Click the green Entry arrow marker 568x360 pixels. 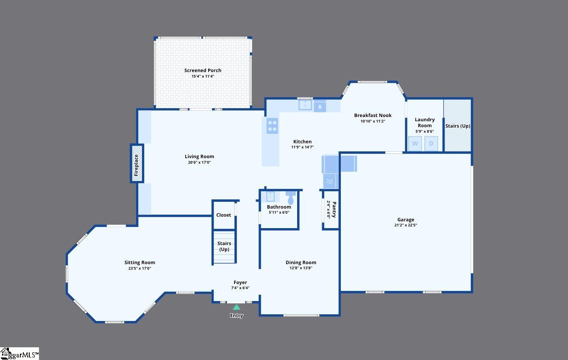coord(237,307)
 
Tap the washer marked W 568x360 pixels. coord(415,144)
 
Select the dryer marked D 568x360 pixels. coord(431,144)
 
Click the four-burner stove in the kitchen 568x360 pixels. coord(272,126)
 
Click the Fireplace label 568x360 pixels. coord(136,165)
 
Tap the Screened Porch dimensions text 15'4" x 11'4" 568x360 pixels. coord(203,76)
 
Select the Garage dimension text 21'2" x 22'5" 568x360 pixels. coord(406,225)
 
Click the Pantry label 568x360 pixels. coord(334,209)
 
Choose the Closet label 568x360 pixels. coord(224,215)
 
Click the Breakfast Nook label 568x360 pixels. coord(373,115)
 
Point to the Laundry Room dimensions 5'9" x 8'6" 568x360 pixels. coord(425,131)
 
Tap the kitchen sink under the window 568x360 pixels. coord(305,105)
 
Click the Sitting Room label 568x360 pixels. coord(140,262)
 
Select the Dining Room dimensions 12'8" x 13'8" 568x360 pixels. coord(301,268)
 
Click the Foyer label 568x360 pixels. coord(240,283)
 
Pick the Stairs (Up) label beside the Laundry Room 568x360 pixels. coord(458,126)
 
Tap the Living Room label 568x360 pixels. coord(199,156)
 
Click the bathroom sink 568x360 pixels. coord(270,196)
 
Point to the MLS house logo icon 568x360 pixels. coord(5,353)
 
